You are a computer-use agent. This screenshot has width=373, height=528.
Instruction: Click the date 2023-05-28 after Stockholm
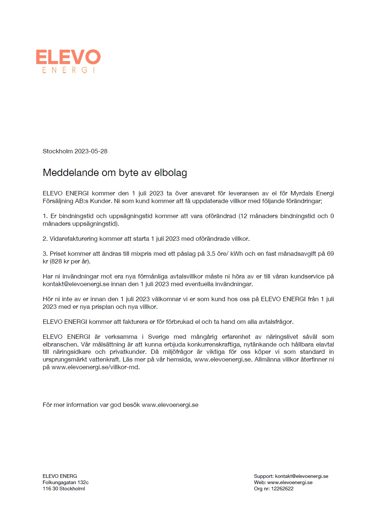(91, 151)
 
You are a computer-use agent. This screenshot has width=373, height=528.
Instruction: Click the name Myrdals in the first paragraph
(302, 194)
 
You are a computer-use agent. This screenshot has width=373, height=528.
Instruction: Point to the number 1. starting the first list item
(45, 216)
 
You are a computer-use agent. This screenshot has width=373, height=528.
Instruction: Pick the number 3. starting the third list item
(45, 254)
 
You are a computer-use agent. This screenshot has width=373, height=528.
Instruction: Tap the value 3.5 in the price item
(210, 254)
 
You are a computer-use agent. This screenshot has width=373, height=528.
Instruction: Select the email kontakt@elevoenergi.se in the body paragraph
(76, 284)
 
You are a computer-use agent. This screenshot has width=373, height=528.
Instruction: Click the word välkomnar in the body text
(166, 299)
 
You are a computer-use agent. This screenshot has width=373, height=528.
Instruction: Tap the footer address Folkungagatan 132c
(66, 483)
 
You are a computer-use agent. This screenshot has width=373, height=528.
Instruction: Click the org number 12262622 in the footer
(282, 489)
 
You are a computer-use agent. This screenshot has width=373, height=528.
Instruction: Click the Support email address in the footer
(302, 476)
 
